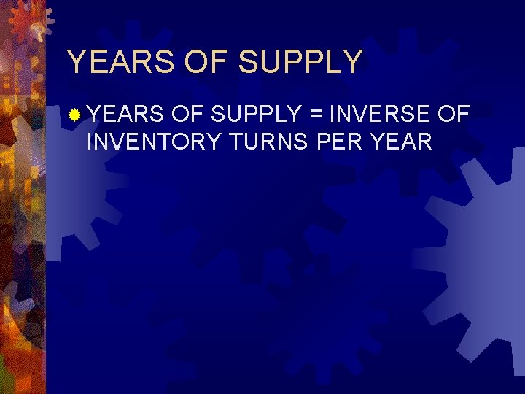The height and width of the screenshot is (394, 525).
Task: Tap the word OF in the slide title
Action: pyautogui.click(x=207, y=62)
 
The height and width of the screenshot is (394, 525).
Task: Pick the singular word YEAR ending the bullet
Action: pyautogui.click(x=401, y=141)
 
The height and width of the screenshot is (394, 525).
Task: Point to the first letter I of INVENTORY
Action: pyautogui.click(x=90, y=141)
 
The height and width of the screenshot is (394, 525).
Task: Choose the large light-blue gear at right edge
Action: pyautogui.click(x=481, y=241)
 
